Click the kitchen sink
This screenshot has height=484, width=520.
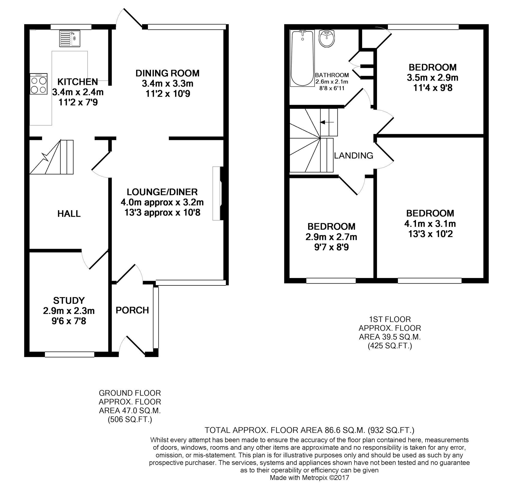(70, 39)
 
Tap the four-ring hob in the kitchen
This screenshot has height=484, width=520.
(39, 84)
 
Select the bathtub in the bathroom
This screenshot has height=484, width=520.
(302, 58)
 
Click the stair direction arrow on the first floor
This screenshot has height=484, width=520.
(327, 122)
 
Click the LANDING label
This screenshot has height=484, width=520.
(353, 155)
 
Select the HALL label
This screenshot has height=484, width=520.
(69, 214)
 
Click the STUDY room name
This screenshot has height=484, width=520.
(69, 300)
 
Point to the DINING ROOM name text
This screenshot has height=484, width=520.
(167, 73)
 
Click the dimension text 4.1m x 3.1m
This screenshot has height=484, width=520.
(430, 224)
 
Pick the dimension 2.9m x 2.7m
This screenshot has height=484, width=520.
(331, 237)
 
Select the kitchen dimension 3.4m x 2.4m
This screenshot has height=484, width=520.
(78, 92)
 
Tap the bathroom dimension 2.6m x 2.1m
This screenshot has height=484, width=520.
(332, 82)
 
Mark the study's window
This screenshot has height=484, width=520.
(69, 354)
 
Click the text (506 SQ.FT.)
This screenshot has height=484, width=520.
(130, 420)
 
